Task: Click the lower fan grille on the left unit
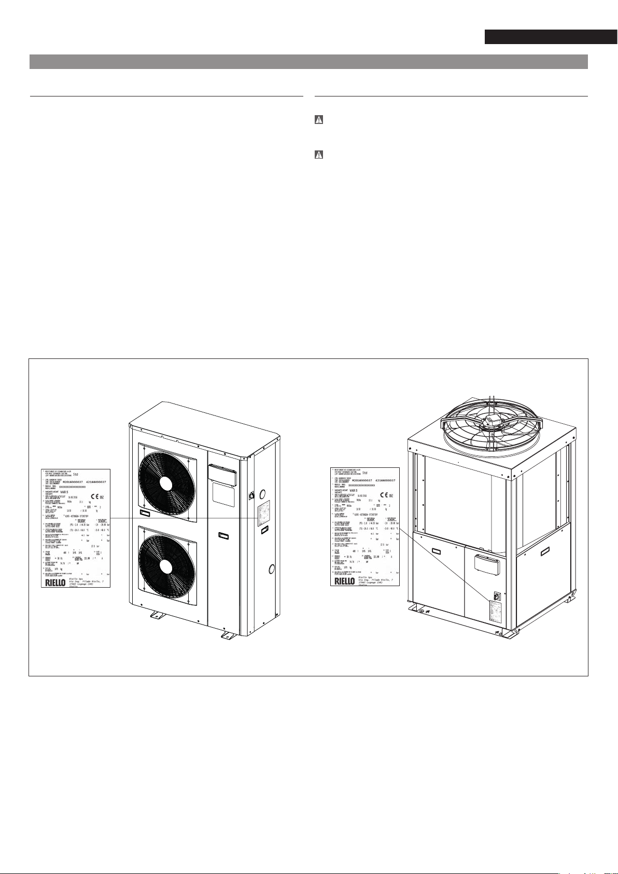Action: [x=165, y=565]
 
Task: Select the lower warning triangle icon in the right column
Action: [x=319, y=155]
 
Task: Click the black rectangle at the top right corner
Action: [x=551, y=37]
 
